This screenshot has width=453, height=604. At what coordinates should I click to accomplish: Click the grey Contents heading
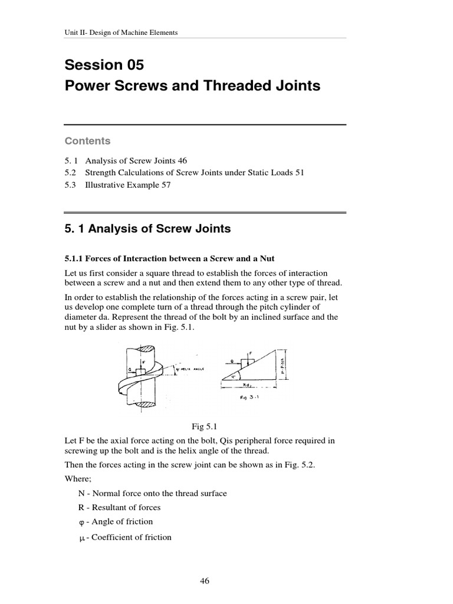pyautogui.click(x=87, y=141)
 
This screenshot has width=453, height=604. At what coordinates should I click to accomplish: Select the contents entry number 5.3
pyautogui.click(x=70, y=184)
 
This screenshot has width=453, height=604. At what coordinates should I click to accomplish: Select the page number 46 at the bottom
pyautogui.click(x=205, y=581)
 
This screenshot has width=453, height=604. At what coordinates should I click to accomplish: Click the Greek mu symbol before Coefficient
pyautogui.click(x=83, y=537)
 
